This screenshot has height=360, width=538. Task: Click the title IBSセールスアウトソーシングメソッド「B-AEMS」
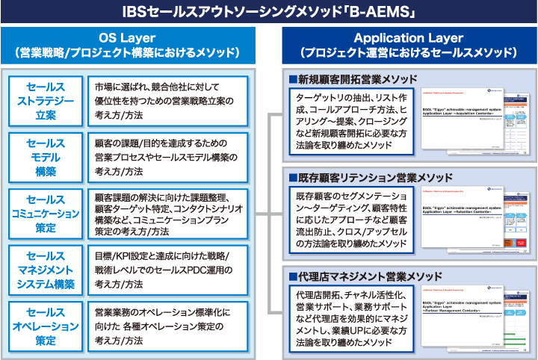click(x=268, y=11)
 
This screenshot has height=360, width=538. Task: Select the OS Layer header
click(x=127, y=45)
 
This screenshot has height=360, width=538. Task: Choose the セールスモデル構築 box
click(x=46, y=157)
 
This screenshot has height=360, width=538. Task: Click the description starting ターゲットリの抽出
click(x=341, y=122)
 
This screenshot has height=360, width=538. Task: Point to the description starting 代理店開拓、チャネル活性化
click(x=341, y=320)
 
